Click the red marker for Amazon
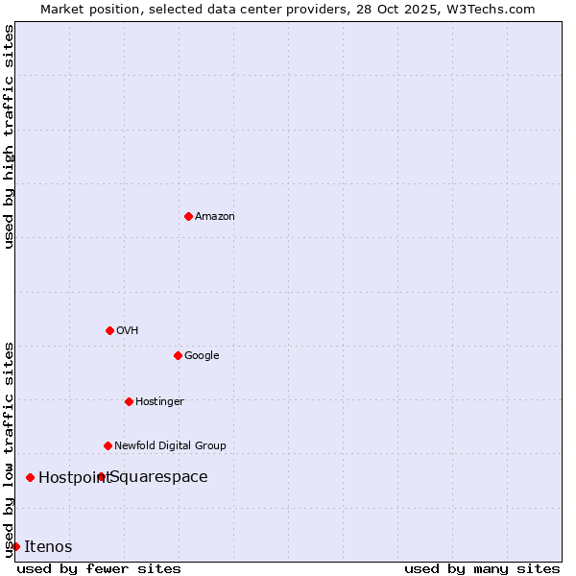pos(188,216)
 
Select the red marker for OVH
pos(109,330)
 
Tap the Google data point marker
pos(178,355)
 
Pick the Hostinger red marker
pos(129,401)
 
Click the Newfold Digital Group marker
pos(108,445)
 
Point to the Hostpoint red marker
pos(30,477)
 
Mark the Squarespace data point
pos(101,476)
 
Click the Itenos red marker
pos(15,546)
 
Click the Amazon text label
pos(215,216)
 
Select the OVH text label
pos(128,330)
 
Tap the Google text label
pos(202,355)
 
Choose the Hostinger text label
pos(159,401)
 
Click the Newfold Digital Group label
pos(170,445)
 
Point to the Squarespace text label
pos(159,476)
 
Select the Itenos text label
pos(48,546)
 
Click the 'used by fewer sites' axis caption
pos(99,568)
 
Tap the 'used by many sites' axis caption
pos(482,568)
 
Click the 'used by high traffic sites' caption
pos(9,136)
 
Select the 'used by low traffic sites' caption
pos(9,448)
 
